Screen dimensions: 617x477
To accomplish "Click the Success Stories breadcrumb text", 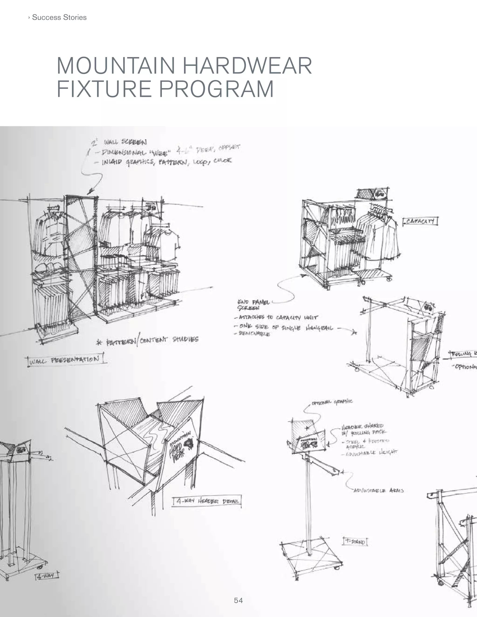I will pyautogui.click(x=59, y=17).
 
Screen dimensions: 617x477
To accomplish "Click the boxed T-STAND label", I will pyautogui.click(x=355, y=542).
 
